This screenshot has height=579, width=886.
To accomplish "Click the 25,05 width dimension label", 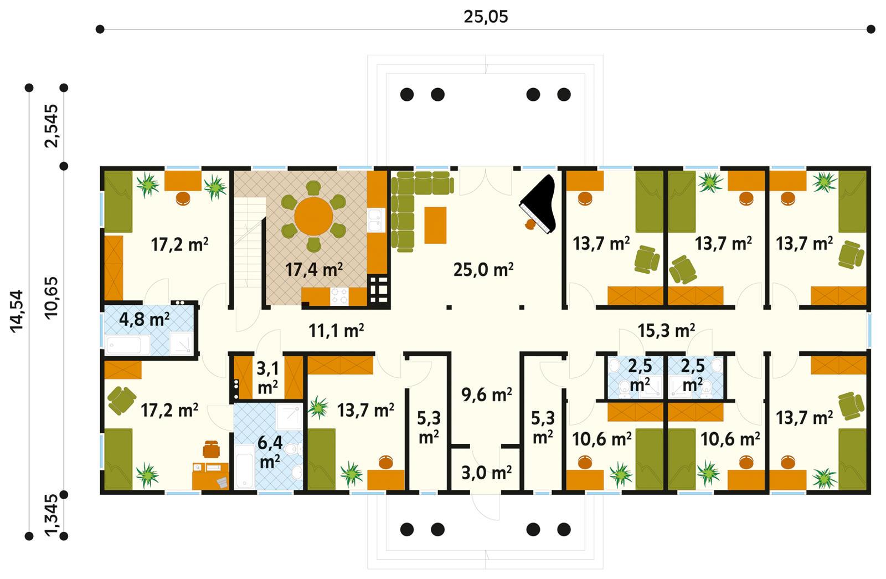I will (485, 17).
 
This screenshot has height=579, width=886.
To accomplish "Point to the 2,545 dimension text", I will (51, 126).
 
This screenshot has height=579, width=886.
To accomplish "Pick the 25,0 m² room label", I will (483, 270).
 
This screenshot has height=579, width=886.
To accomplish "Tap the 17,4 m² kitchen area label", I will (313, 270).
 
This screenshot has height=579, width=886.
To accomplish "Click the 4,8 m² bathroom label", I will (144, 320).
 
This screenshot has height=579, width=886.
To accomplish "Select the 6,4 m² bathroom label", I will (270, 452).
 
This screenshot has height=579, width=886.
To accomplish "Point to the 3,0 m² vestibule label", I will (486, 473).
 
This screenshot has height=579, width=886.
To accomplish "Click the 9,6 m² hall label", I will (486, 394).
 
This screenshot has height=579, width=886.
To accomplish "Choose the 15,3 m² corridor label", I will (666, 331).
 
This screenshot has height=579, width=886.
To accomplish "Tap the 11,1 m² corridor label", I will (336, 331).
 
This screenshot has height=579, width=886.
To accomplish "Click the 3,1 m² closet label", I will (267, 377).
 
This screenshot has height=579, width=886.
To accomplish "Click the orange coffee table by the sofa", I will (435, 224).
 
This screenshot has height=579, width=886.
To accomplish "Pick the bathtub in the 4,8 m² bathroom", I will (128, 345).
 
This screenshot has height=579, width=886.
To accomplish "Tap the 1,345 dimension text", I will (51, 515).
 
